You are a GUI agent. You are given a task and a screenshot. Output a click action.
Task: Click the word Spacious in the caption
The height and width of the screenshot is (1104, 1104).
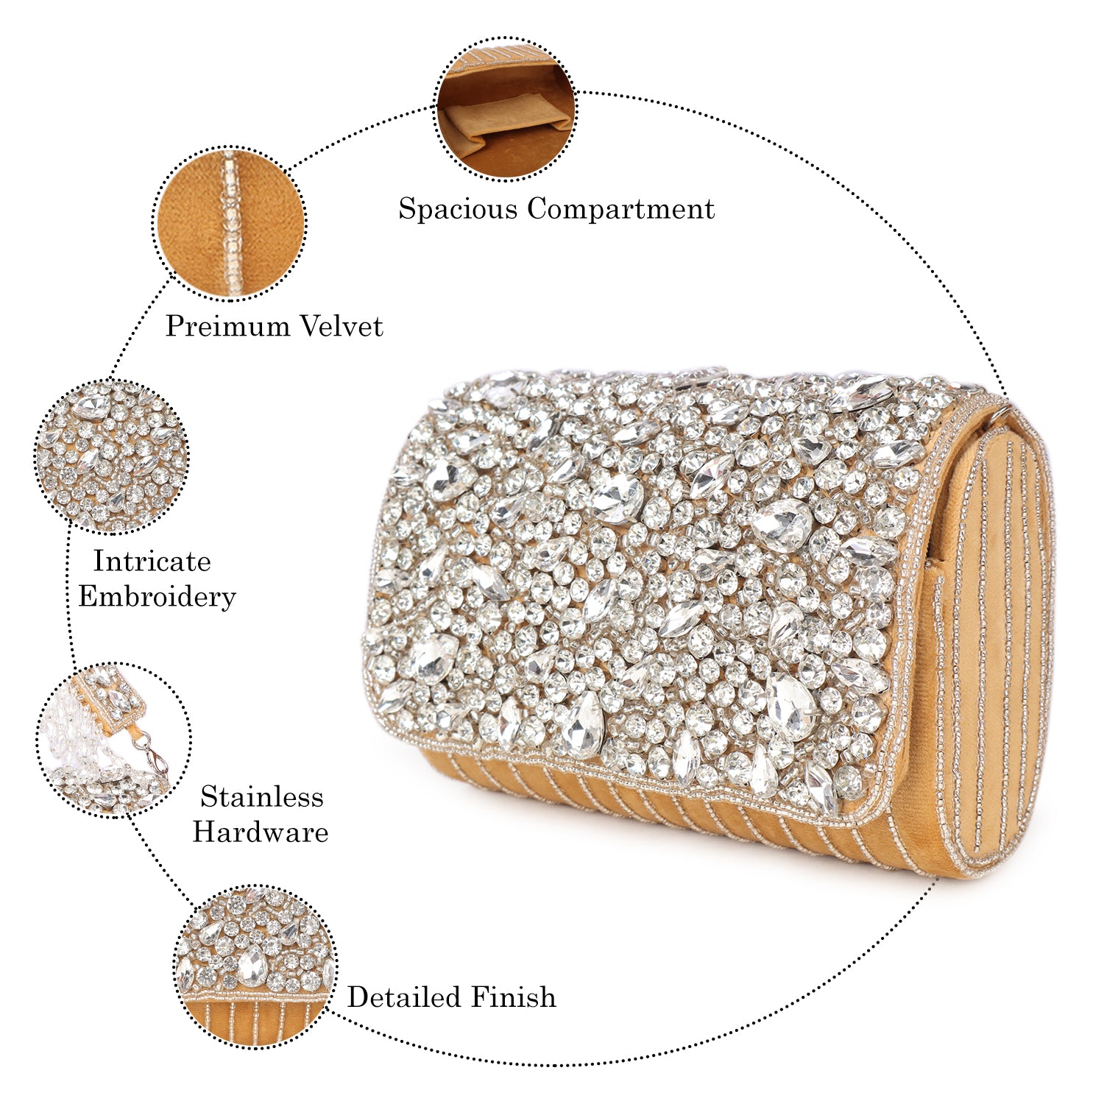point(458,209)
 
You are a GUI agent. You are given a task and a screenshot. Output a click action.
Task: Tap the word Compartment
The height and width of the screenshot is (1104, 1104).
point(620,209)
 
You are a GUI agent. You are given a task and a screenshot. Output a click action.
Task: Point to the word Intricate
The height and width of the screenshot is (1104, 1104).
point(152,562)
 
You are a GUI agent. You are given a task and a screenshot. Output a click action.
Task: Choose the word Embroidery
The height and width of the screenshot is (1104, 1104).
point(157,596)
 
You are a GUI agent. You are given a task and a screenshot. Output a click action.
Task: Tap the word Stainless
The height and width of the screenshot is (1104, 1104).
point(261,797)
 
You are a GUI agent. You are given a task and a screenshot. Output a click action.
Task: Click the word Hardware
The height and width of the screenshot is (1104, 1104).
point(261,832)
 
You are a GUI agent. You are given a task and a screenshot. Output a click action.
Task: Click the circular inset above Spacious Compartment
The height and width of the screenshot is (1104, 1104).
point(506,107)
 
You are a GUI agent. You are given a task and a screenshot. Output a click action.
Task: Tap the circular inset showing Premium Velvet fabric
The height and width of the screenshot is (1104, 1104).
point(230,224)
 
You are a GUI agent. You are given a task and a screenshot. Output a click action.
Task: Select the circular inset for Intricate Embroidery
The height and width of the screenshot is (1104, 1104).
point(112,456)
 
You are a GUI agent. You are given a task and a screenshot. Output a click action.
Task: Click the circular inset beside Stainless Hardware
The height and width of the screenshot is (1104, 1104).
point(114,740)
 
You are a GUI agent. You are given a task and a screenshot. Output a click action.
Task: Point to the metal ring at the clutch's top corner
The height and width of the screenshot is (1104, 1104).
point(1004,414)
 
